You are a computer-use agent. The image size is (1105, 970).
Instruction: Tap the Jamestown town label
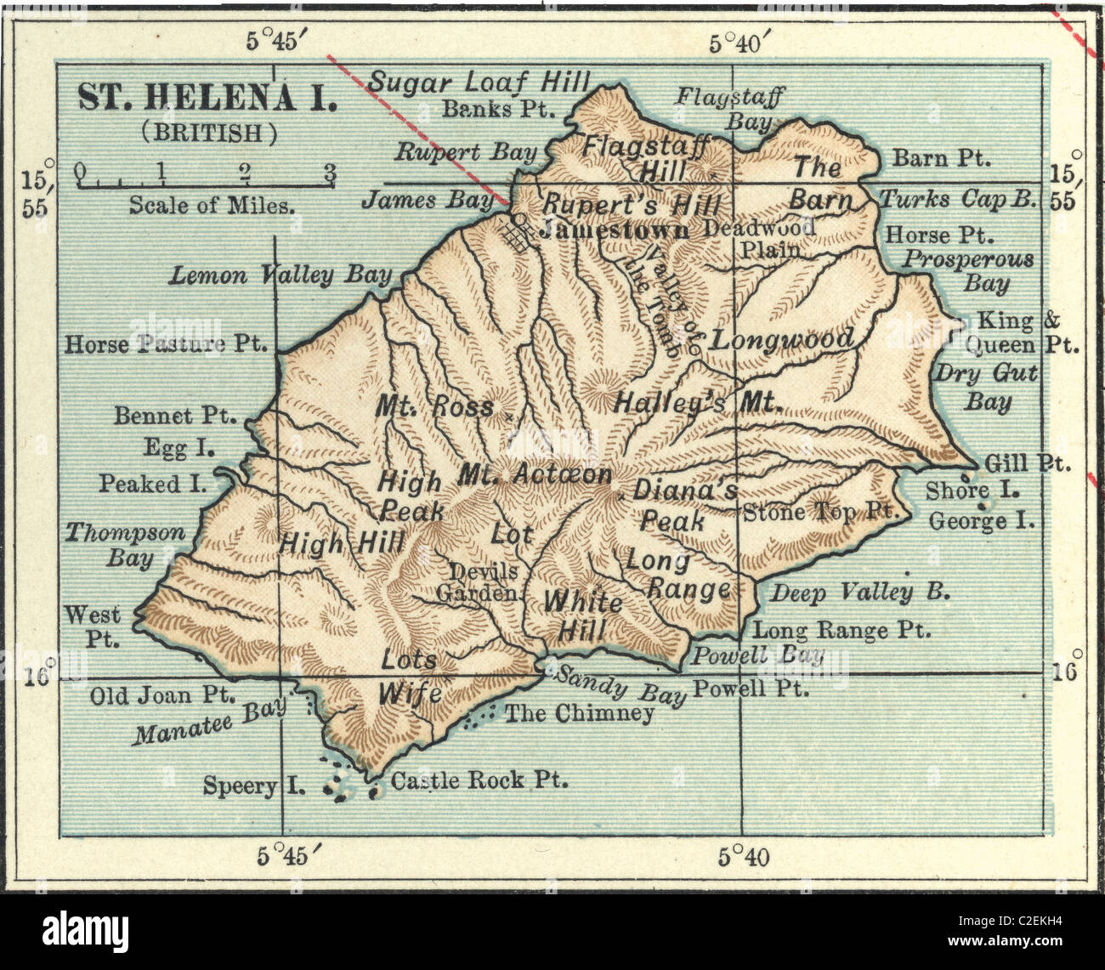[614, 230]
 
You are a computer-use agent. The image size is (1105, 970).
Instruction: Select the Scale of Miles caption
[212, 205]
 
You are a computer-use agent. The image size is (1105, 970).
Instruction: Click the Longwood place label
[782, 340]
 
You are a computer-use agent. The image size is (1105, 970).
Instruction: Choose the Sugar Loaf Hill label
[479, 82]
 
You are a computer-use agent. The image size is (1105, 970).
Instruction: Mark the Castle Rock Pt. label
[479, 780]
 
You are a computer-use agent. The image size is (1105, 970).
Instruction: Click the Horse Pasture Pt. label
[166, 344]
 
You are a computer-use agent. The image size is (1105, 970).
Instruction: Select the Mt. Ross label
[434, 407]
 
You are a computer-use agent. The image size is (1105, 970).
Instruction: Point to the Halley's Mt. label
[697, 402]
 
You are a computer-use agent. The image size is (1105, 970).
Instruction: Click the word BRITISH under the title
[209, 132]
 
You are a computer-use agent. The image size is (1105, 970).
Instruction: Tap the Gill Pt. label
[1028, 463]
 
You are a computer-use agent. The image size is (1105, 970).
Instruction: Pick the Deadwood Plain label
[759, 238]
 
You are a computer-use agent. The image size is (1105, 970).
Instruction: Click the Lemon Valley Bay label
[280, 275]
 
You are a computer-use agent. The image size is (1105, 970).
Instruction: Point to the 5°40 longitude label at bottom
[744, 858]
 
